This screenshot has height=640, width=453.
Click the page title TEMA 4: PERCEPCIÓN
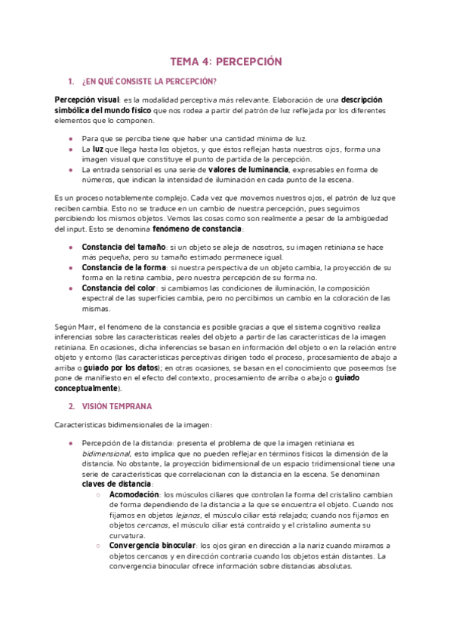pyautogui.click(x=226, y=62)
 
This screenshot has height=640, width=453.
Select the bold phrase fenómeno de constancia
pyautogui.click(x=198, y=228)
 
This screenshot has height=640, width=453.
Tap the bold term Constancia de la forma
pyautogui.click(x=124, y=267)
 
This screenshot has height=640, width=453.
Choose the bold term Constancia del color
pyautogui.click(x=119, y=288)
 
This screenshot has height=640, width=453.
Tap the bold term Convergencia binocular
pyautogui.click(x=155, y=545)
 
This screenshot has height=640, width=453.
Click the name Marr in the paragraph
pyautogui.click(x=89, y=325)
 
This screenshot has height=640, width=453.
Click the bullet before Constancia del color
pyautogui.click(x=70, y=288)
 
